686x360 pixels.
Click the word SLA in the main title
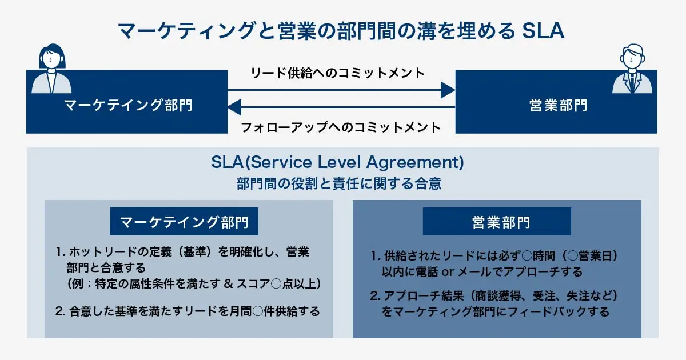point(543,31)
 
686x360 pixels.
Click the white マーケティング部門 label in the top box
point(127,105)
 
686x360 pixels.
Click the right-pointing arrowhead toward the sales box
point(448,90)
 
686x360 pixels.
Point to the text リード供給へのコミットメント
point(338,73)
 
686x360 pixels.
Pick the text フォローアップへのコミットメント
point(341,127)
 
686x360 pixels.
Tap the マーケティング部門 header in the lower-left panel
point(184,222)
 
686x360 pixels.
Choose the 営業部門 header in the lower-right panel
point(497,222)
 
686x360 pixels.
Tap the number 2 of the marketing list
point(59,311)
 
